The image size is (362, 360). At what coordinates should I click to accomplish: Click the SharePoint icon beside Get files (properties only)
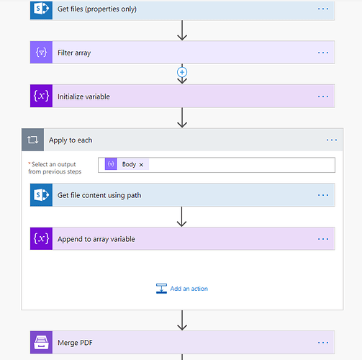41,9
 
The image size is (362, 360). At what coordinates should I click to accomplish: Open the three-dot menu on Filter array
323,53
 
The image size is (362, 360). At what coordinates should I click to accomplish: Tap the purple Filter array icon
41,53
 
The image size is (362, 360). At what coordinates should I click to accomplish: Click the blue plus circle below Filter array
182,72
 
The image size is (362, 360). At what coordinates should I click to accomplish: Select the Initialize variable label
83,96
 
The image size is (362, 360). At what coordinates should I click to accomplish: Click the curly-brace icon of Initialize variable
41,96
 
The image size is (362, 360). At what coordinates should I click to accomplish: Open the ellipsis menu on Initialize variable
323,96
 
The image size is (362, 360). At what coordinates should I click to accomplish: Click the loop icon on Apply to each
32,140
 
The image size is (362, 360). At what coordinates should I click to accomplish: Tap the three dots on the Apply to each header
332,140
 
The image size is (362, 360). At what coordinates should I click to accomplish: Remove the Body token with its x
141,165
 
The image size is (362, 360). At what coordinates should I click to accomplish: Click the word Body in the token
129,164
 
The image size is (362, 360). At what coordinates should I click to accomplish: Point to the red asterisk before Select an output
30,163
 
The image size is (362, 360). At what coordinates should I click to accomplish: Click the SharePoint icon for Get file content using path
41,195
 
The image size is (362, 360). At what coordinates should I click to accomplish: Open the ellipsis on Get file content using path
323,195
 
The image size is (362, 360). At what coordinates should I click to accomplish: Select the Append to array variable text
96,239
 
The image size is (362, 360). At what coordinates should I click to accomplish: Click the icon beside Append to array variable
41,238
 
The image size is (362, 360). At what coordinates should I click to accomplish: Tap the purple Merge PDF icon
41,343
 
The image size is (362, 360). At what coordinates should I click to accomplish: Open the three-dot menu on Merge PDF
323,343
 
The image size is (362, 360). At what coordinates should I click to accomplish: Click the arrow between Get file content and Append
181,217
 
